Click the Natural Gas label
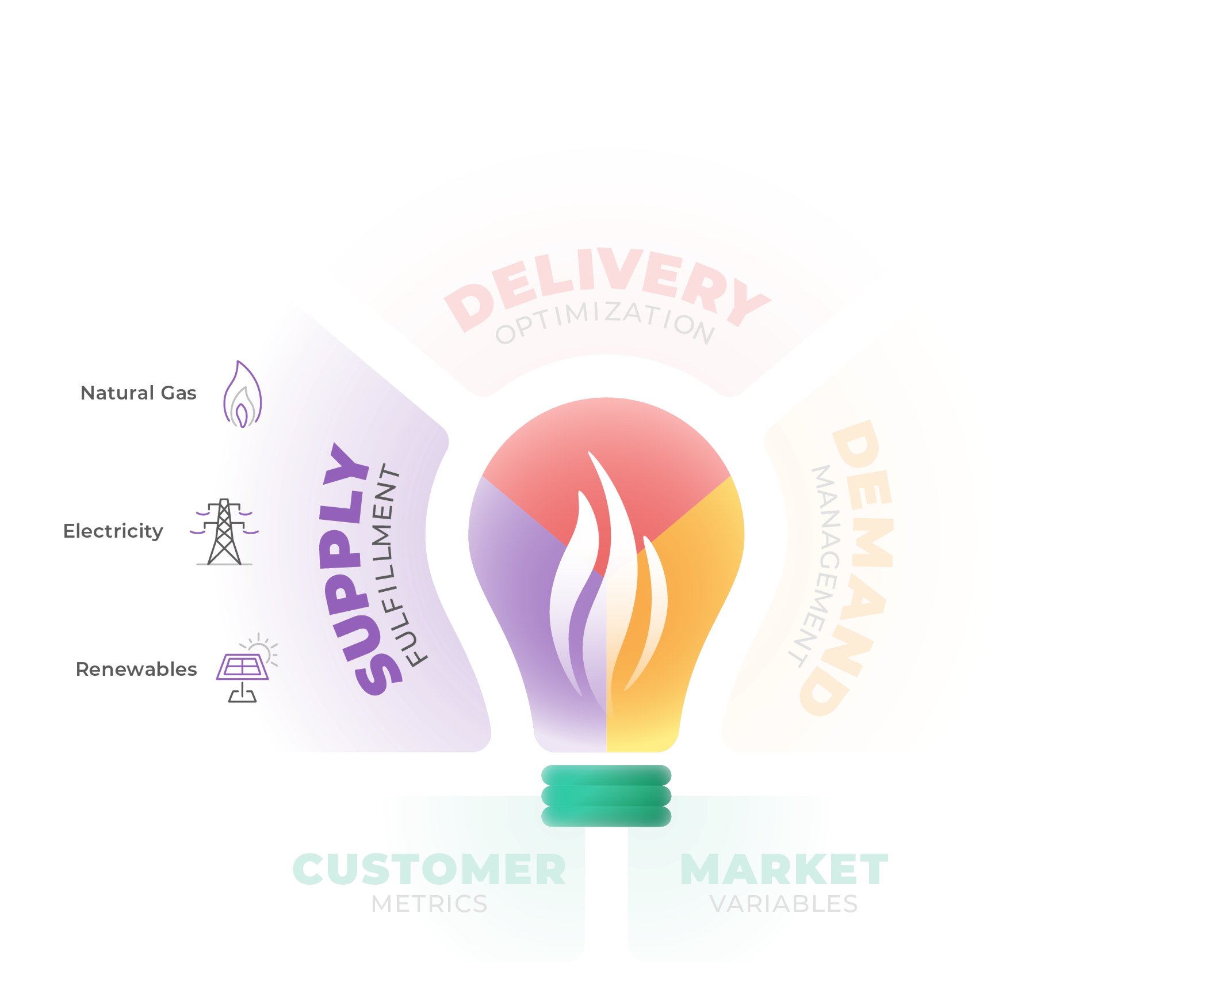[139, 393]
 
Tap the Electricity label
[113, 531]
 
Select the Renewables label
[136, 669]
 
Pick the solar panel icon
[243, 671]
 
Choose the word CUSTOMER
[427, 869]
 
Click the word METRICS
[428, 904]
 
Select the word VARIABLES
[784, 904]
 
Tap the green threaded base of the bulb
[606, 796]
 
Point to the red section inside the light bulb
[606, 497]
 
